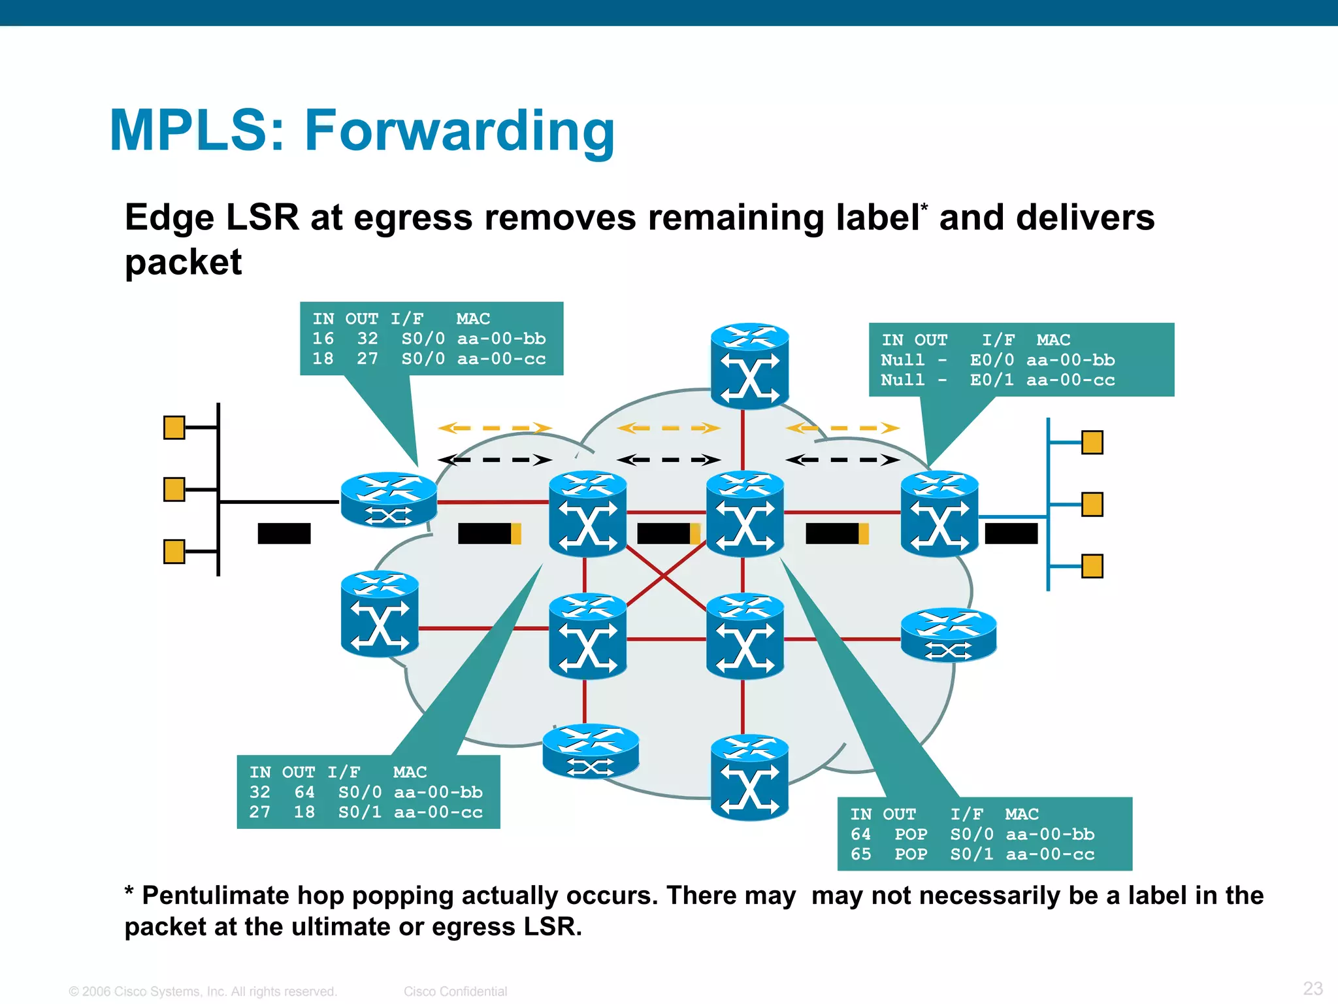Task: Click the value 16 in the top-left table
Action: pyautogui.click(x=323, y=339)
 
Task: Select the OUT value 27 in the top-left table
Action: pyautogui.click(x=367, y=359)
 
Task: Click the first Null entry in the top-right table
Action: pyautogui.click(x=902, y=360)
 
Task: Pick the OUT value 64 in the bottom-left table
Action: pyautogui.click(x=304, y=792)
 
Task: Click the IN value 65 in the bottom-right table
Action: pyautogui.click(x=860, y=854)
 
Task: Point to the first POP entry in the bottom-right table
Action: pyautogui.click(x=911, y=835)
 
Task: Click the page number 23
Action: pyautogui.click(x=1313, y=988)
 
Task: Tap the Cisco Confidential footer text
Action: pyautogui.click(x=455, y=992)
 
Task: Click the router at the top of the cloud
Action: pyautogui.click(x=749, y=366)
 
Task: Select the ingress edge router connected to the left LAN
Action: pyautogui.click(x=389, y=500)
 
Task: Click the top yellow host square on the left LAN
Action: pyautogui.click(x=174, y=428)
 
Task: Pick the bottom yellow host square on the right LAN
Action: pyautogui.click(x=1092, y=566)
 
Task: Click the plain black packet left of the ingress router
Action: pyautogui.click(x=284, y=533)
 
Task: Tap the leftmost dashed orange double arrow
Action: pyautogui.click(x=495, y=429)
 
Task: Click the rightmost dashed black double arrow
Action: pyautogui.click(x=842, y=460)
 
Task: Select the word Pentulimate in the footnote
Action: pyautogui.click(x=216, y=895)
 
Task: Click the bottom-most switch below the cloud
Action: pyautogui.click(x=749, y=778)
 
